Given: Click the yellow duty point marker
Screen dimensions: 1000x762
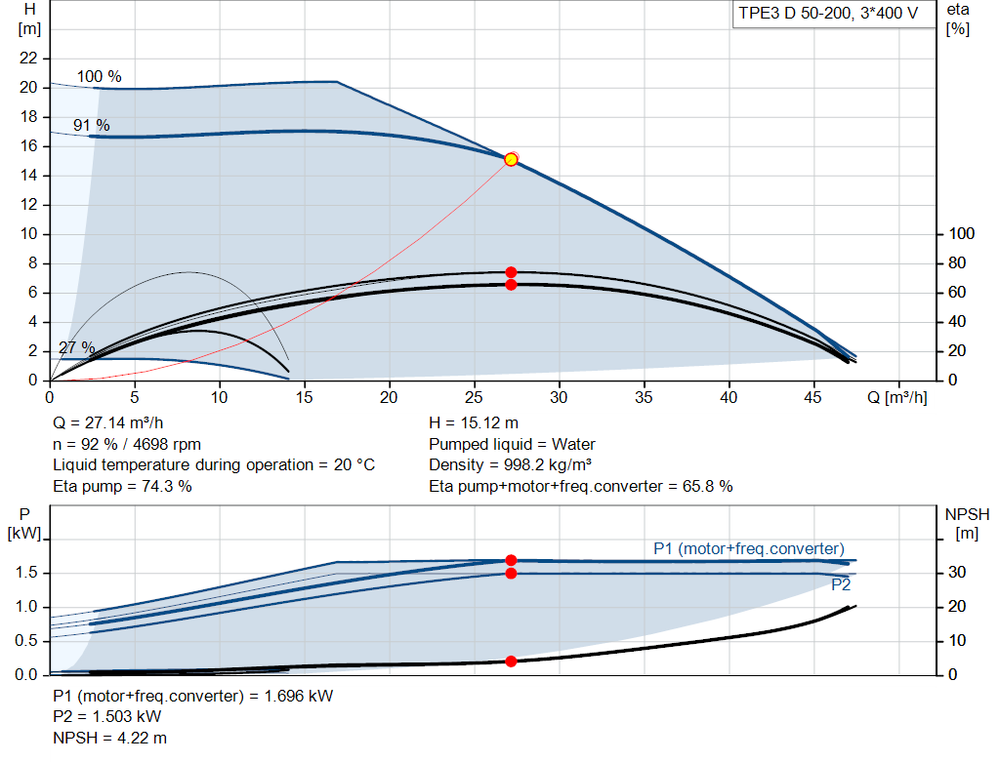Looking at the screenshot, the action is click(511, 159).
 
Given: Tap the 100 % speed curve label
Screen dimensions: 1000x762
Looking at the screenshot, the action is click(99, 76).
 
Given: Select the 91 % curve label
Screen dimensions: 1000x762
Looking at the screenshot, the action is click(91, 125).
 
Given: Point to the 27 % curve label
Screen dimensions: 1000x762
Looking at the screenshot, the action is click(76, 348).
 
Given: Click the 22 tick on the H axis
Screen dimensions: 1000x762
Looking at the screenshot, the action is click(28, 58).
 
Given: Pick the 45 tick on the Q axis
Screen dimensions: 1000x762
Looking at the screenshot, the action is click(813, 397).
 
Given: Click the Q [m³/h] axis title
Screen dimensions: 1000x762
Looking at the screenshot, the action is click(897, 397).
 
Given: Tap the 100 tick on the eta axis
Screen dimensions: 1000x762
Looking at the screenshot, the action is click(962, 234).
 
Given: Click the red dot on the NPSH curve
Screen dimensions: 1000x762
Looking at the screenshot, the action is click(511, 662).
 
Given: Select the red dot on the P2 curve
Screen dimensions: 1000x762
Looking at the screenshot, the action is click(511, 574).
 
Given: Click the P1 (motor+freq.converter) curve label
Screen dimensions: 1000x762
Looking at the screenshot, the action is click(749, 548).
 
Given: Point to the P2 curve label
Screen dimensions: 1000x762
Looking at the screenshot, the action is click(841, 584).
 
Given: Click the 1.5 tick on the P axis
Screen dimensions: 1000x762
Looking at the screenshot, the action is click(26, 573).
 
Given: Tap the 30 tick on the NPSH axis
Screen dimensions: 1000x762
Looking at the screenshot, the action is click(957, 572).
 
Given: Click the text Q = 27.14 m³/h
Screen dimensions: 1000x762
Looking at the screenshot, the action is click(107, 423).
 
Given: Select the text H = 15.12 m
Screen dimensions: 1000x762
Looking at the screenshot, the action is click(474, 423).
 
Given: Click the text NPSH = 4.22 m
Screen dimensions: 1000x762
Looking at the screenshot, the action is click(109, 738).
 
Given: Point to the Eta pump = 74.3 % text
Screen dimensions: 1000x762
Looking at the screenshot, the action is click(122, 487).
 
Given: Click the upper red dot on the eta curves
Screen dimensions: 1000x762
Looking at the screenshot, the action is click(511, 272).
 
